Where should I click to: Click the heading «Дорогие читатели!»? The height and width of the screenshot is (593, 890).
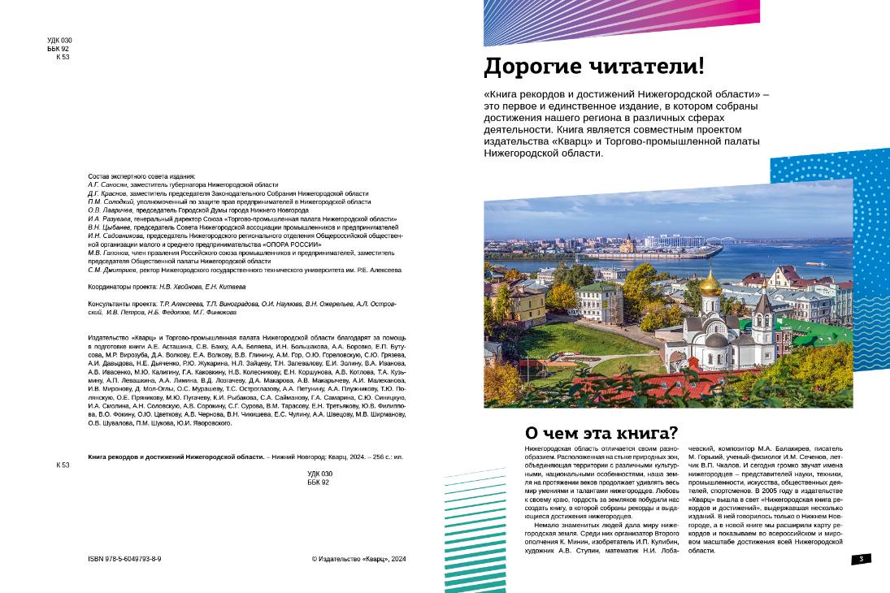pyautogui.click(x=594, y=66)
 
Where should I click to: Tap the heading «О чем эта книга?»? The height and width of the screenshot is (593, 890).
pyautogui.click(x=601, y=433)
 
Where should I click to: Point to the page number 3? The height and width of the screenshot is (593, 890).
pyautogui.click(x=861, y=559)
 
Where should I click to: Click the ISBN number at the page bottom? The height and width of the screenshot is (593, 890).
pyautogui.click(x=124, y=559)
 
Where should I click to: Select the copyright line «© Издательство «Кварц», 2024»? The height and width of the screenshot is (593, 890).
pyautogui.click(x=358, y=559)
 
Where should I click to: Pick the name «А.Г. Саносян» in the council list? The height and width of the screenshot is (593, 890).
pyautogui.click(x=108, y=185)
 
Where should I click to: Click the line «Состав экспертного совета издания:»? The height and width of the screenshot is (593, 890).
pyautogui.click(x=141, y=176)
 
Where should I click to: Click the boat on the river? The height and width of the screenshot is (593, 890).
pyautogui.click(x=815, y=263)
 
